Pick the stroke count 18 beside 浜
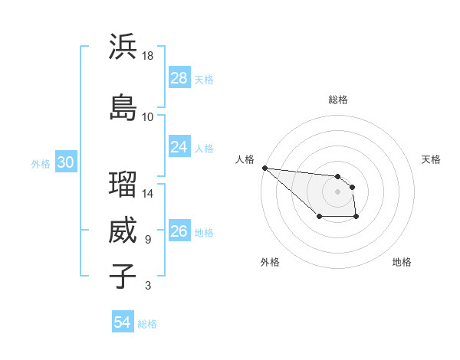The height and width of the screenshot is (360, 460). coord(149,56)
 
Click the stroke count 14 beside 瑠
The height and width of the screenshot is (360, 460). coord(149,194)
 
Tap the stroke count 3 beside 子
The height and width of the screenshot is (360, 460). coord(147,286)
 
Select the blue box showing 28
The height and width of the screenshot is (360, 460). coord(179,78)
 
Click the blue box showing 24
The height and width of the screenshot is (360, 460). coord(179,146)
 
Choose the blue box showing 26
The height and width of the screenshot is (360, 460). coord(179,231)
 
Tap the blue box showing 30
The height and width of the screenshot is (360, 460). coord(66,162)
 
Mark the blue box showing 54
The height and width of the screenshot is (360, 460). coord(123,322)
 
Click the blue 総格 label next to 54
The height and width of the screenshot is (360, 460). coord(147,324)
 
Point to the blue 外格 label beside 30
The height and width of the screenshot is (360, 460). coord(41,163)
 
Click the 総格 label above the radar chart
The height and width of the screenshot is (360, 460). coord(338,100)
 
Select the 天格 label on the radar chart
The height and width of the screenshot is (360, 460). coord(431,159)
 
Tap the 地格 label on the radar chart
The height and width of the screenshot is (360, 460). coord(402,262)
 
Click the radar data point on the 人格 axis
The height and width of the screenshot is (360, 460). coord(264,168)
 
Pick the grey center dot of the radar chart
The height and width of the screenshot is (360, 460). coord(337,191)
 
